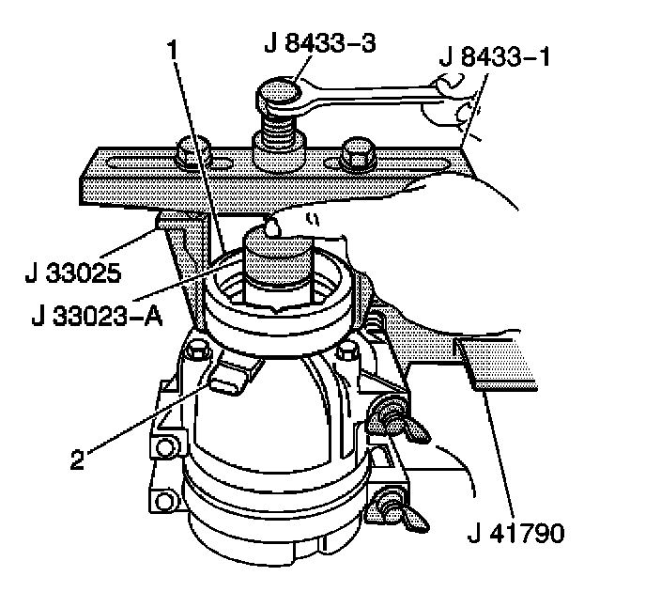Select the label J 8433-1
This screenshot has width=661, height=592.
pyautogui.click(x=494, y=57)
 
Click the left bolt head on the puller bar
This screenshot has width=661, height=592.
pyautogui.click(x=192, y=151)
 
